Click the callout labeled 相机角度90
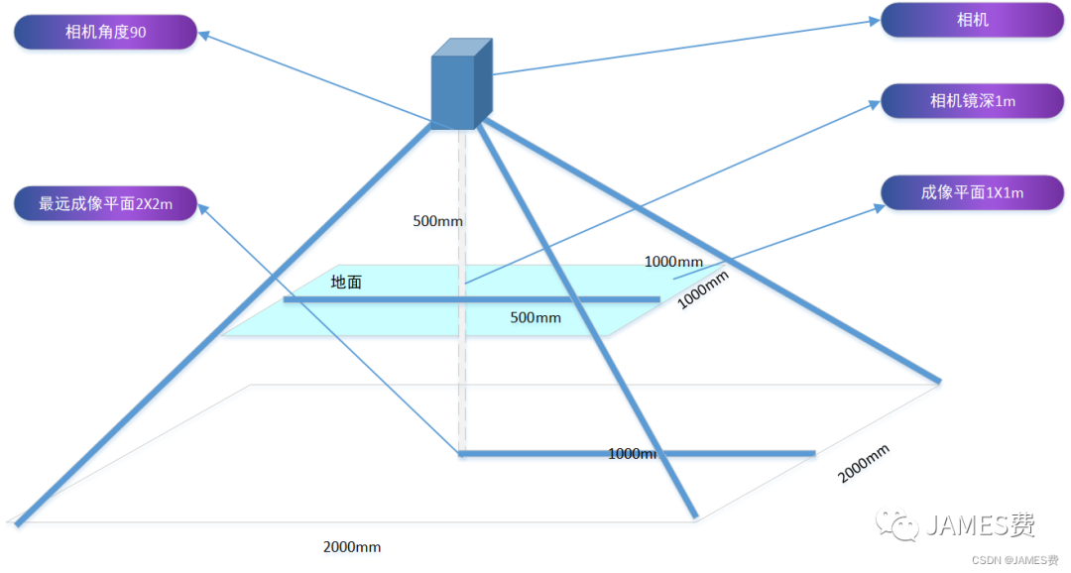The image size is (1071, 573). (x=105, y=32)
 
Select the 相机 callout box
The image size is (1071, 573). (x=972, y=20)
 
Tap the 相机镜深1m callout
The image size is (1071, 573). (x=972, y=101)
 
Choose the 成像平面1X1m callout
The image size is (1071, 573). (x=972, y=192)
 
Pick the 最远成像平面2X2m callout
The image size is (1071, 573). (x=105, y=203)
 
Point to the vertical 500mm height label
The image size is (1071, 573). (x=437, y=220)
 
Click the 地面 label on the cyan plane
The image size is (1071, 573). (x=346, y=283)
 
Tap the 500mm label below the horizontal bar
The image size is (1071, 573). (x=535, y=317)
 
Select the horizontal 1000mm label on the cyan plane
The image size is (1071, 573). (x=673, y=262)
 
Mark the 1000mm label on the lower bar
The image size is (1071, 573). (x=633, y=453)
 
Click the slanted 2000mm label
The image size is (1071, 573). (x=864, y=463)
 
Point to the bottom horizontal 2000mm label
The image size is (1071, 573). (x=352, y=546)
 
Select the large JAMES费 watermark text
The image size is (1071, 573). (x=981, y=524)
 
